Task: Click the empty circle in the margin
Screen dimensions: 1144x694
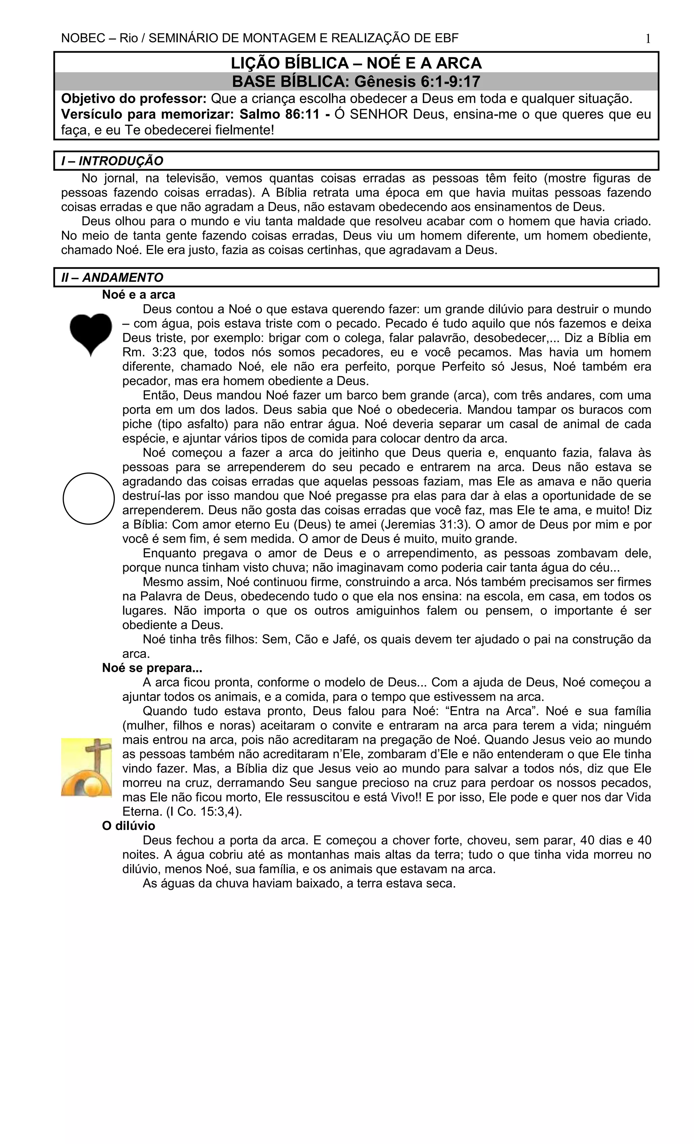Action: tap(88, 499)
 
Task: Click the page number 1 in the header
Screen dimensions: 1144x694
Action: tap(648, 39)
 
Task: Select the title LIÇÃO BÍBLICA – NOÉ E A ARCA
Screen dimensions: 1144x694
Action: tap(356, 63)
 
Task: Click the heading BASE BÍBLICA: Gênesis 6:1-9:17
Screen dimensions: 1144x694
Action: tap(356, 82)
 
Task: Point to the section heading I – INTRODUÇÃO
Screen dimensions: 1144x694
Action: tap(112, 161)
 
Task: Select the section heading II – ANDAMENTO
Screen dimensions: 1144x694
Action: tap(112, 278)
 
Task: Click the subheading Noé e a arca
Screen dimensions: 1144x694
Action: tap(139, 295)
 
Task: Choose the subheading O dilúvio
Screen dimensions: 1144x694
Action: tap(128, 826)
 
